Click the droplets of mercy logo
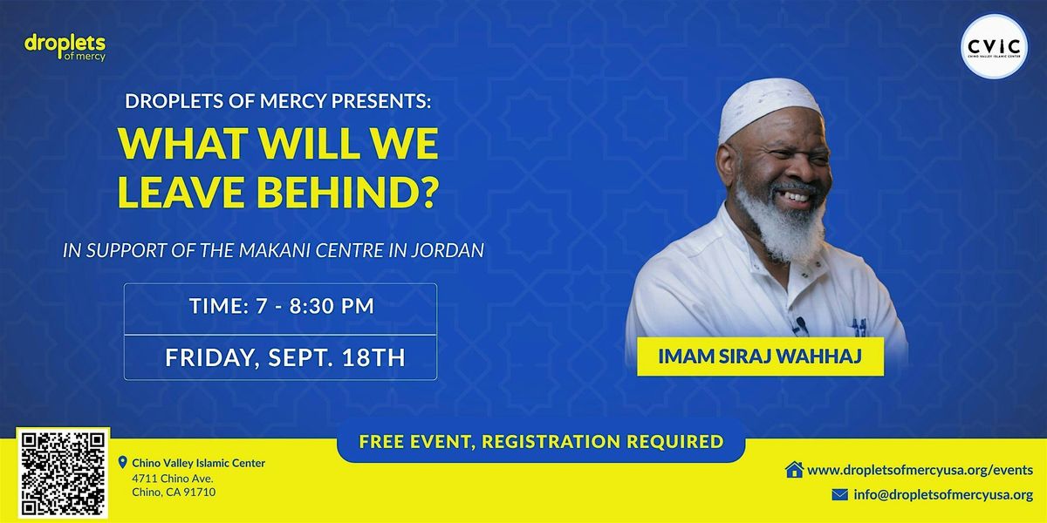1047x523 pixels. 65,47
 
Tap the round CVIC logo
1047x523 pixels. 994,46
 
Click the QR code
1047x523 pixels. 63,473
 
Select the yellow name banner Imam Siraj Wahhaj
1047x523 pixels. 760,357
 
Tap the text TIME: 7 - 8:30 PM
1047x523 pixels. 282,306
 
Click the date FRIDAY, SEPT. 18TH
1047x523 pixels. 285,357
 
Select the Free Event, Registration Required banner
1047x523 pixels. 541,441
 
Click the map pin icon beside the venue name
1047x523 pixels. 122,462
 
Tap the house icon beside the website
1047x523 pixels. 794,469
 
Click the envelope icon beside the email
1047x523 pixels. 840,494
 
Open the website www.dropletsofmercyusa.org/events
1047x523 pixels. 920,470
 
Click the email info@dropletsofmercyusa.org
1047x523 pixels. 943,494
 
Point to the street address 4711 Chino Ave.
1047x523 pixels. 173,479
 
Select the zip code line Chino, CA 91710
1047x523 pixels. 174,492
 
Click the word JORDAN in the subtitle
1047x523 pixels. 448,251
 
